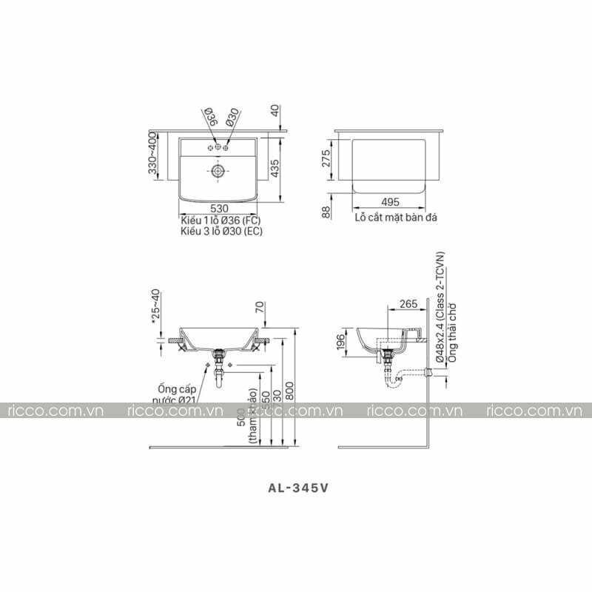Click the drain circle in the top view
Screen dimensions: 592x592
pyautogui.click(x=218, y=171)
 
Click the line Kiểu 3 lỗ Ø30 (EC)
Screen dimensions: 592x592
pyautogui.click(x=221, y=231)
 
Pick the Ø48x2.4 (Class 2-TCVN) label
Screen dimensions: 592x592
pyautogui.click(x=440, y=307)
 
